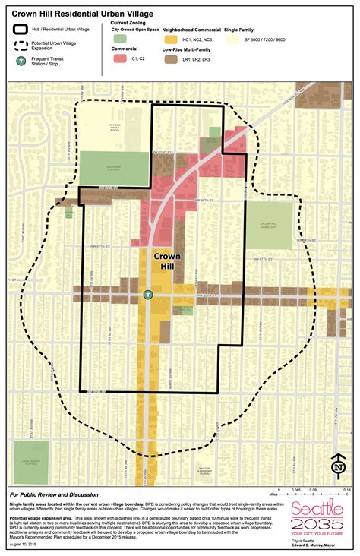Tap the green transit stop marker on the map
[x=149, y=294]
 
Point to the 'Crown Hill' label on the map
[x=168, y=261]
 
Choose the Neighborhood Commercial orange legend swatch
[x=172, y=37]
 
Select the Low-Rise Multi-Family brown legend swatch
[x=172, y=58]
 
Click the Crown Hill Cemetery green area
[x=270, y=225]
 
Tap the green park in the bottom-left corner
[x=30, y=462]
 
